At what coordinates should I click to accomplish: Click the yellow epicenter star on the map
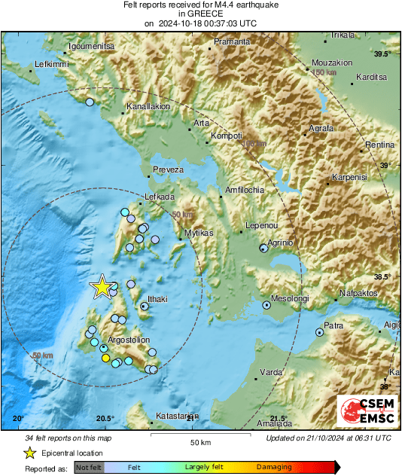coord(102,287)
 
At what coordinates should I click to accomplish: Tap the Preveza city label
coord(169,170)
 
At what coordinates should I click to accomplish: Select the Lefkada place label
coord(160,197)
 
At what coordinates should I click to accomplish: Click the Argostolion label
coord(129,340)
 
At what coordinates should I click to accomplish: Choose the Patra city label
coord(334,325)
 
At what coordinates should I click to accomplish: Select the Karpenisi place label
coord(348,178)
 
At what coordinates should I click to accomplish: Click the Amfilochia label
coord(245,191)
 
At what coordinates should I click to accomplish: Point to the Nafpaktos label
coord(358,291)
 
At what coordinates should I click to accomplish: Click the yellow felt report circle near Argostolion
coord(105,359)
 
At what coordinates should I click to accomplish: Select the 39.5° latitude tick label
coord(385,54)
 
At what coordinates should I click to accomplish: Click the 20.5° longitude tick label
coord(105,419)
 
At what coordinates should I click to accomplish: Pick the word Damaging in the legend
coord(274,467)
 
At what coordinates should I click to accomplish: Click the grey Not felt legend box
coord(89,467)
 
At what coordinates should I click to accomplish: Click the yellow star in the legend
coord(29,453)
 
